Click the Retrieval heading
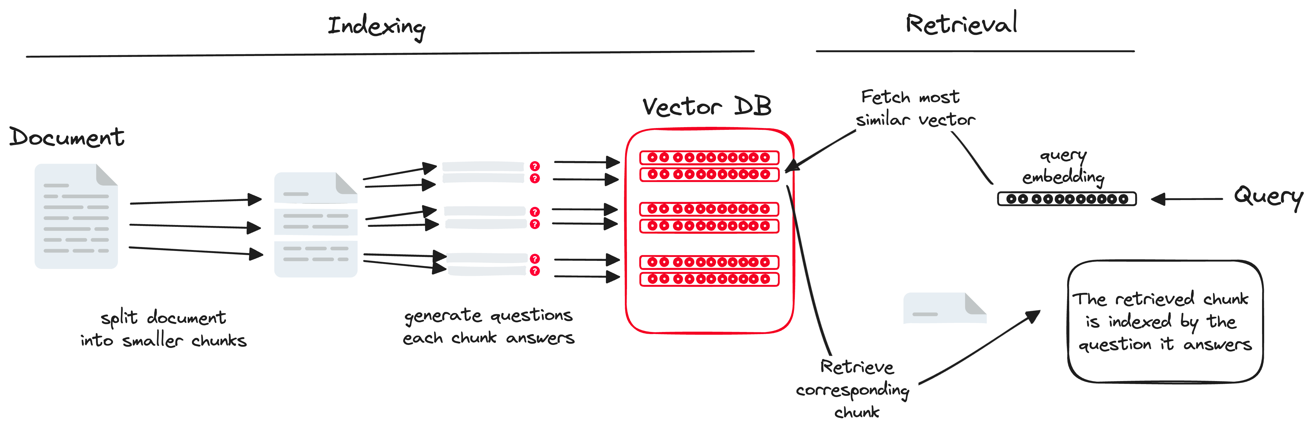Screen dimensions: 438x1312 [x=961, y=24]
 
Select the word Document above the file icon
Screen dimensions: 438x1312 [x=67, y=137]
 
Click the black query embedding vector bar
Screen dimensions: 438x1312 [x=1067, y=199]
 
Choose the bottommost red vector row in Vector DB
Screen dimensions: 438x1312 [x=709, y=279]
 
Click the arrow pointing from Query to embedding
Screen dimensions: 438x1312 [x=1187, y=199]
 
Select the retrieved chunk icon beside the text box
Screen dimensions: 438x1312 [x=944, y=308]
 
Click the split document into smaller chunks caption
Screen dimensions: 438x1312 [x=163, y=329]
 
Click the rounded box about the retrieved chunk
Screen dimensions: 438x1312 [x=1165, y=321]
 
